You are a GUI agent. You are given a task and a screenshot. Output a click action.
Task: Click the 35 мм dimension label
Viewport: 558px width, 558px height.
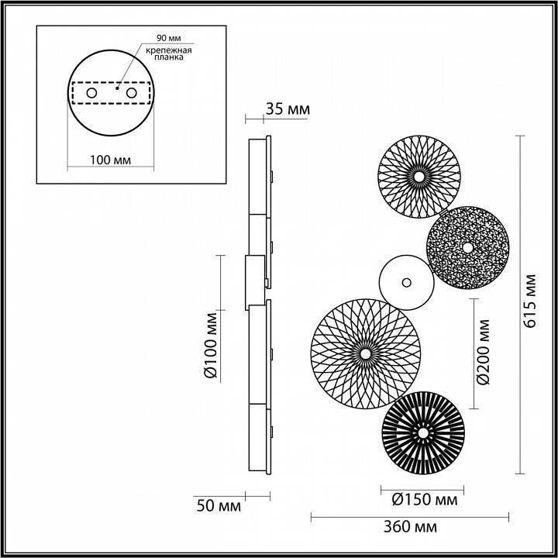click(x=287, y=109)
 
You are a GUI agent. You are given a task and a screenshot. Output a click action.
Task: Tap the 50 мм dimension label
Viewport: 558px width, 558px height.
click(x=218, y=506)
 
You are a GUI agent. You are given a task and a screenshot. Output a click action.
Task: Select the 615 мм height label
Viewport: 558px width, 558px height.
click(x=530, y=301)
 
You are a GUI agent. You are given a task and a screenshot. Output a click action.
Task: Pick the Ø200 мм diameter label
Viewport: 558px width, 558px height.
click(x=483, y=353)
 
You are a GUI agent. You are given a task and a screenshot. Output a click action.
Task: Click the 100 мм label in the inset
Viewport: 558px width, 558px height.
click(x=109, y=160)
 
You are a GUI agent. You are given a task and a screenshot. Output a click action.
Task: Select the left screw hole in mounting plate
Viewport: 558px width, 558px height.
click(x=91, y=93)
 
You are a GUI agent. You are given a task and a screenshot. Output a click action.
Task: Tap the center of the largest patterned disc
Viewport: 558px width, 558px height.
click(x=364, y=354)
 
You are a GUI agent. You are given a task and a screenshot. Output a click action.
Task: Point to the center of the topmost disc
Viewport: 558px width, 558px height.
click(x=418, y=177)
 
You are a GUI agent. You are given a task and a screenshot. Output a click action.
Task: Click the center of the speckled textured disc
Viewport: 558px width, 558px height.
click(x=467, y=247)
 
